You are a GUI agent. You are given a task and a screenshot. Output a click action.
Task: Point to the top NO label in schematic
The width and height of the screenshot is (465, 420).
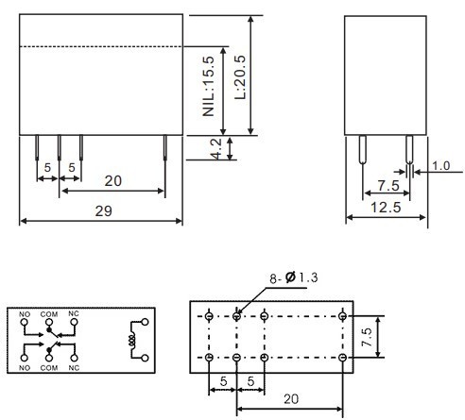click(25, 313)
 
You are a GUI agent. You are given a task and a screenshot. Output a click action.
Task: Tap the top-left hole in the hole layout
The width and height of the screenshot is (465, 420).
click(209, 316)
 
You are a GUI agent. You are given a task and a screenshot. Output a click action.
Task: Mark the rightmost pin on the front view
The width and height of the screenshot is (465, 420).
click(165, 149)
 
